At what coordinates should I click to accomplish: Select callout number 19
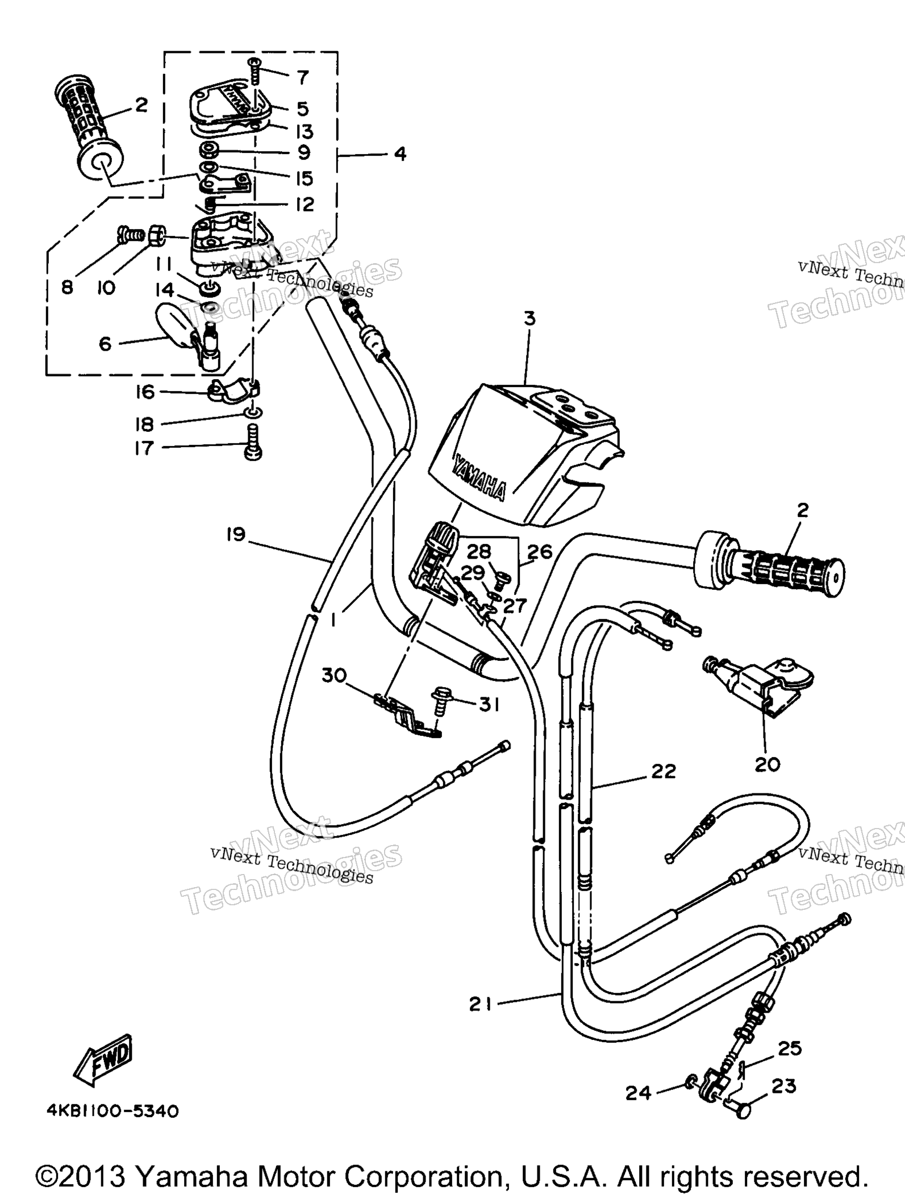235,534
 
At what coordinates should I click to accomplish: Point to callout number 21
479,1005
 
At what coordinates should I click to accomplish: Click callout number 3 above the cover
529,319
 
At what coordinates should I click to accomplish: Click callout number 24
638,1092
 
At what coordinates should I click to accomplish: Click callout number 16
145,392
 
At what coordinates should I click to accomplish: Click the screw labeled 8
130,234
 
